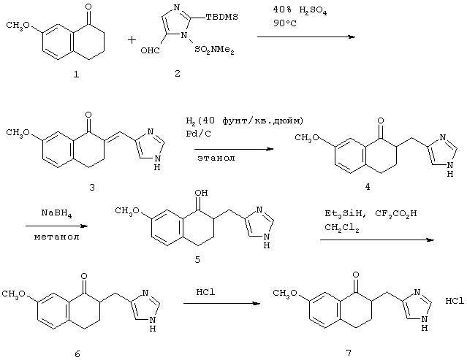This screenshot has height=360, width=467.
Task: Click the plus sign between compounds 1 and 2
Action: [132, 40]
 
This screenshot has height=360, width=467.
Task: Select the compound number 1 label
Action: [77, 74]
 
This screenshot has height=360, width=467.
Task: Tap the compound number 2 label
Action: [178, 73]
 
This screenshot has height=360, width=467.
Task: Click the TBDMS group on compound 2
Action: [222, 17]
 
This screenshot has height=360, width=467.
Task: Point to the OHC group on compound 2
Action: [150, 50]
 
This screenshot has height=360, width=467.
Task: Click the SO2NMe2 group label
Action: [214, 50]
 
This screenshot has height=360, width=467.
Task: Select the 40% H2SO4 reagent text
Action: [300, 10]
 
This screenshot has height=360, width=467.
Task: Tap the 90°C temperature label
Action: [285, 23]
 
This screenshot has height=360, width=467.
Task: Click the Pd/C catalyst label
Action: [198, 134]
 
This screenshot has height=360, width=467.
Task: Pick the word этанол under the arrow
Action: [216, 158]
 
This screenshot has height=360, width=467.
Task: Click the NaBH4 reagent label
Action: [56, 214]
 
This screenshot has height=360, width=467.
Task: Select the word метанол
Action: [56, 237]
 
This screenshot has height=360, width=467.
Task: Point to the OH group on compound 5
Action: [201, 193]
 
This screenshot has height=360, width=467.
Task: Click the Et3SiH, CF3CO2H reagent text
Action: [371, 214]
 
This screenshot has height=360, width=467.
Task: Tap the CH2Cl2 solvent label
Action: [341, 229]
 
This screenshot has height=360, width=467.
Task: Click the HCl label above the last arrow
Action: [205, 292]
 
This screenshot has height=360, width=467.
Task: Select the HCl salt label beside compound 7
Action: [455, 301]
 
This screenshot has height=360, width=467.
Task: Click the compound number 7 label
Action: [349, 353]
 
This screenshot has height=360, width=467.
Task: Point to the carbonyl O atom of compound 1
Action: [88, 6]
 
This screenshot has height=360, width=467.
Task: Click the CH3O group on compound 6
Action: [14, 294]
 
